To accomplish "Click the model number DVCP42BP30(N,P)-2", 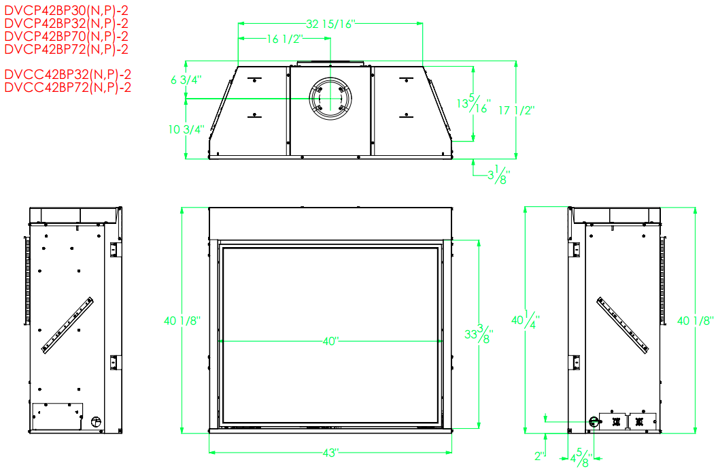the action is tap(66, 10).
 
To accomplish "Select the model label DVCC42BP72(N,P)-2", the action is tap(68, 87).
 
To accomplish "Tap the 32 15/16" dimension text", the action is tap(330, 24).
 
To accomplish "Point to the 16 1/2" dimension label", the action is tap(285, 39).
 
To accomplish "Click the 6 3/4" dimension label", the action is tap(186, 80).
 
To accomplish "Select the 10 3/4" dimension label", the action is tap(186, 130).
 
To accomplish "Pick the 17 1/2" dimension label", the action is tap(517, 110).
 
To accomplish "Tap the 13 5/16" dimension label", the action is tap(473, 103).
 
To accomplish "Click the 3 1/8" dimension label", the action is tap(498, 174).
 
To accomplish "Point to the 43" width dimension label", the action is tap(330, 453).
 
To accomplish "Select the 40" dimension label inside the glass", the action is tap(330, 341).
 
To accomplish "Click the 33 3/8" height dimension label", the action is tap(479, 334).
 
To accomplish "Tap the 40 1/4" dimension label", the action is tap(525, 319).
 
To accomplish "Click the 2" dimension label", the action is tap(541, 456).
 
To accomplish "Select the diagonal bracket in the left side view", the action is tap(67, 325).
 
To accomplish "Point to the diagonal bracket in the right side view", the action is tap(623, 325).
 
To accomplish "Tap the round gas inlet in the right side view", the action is tap(594, 421).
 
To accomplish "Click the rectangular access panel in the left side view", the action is tap(57, 416).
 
